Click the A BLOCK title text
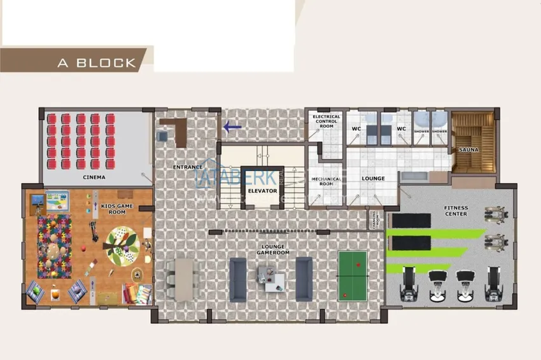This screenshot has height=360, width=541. (97, 62)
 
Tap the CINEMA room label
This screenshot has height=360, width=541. (94, 177)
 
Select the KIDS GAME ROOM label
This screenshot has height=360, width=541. (117, 208)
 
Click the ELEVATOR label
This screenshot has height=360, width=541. (263, 191)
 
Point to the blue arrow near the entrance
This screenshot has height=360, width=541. (232, 127)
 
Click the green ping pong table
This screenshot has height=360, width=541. (353, 275)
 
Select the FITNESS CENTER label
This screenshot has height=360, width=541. (456, 211)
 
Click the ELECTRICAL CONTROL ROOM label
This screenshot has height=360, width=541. (327, 121)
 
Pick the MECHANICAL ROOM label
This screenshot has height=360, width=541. (327, 181)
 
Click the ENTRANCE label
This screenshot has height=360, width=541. (187, 167)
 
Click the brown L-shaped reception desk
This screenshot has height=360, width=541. (173, 128)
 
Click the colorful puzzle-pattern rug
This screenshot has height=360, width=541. (55, 246)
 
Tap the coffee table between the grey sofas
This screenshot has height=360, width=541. (270, 278)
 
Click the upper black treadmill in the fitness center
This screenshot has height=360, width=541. (411, 220)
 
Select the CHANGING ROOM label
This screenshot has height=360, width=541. (372, 220)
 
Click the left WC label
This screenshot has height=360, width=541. (356, 128)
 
